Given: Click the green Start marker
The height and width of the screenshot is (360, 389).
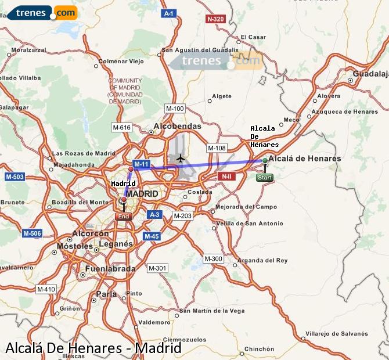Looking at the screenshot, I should click(x=264, y=177).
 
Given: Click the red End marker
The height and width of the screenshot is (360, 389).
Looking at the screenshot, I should click(x=124, y=216).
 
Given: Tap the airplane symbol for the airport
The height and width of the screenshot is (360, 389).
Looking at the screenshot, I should click(x=181, y=157).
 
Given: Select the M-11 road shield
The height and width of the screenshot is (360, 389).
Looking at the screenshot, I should click(x=141, y=164).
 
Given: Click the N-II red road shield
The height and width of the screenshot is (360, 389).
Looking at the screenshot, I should click(x=226, y=175).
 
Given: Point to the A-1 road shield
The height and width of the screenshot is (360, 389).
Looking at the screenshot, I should click(x=169, y=13).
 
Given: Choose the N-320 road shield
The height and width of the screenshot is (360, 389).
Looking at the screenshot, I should click(x=215, y=19).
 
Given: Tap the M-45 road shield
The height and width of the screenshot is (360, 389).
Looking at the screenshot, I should click(x=152, y=236).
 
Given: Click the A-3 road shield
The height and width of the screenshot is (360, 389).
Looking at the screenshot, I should click(x=154, y=215).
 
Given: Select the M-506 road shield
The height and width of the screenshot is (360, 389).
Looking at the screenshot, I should click(x=32, y=233).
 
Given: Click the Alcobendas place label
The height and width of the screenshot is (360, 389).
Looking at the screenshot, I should click(x=177, y=126).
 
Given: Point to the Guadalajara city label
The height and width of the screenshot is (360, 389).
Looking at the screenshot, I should click(x=370, y=74).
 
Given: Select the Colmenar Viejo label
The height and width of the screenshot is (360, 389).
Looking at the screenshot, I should click(x=121, y=61).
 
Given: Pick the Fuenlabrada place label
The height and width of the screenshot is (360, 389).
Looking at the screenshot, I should click(x=110, y=269).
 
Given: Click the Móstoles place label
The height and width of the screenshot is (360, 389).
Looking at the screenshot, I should click(x=74, y=247).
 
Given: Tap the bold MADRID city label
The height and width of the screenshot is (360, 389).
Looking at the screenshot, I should click(x=142, y=193).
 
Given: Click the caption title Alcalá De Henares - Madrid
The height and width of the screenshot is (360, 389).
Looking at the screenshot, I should click(x=93, y=348).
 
